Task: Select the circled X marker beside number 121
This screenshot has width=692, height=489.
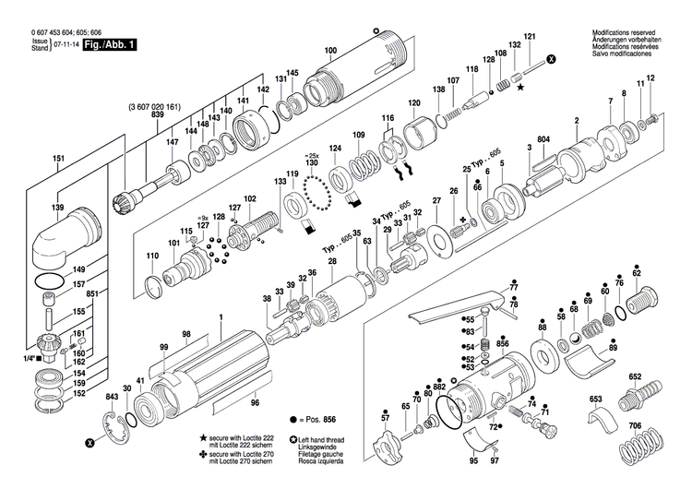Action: click(x=552, y=58)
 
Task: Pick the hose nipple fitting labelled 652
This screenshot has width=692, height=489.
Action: click(x=637, y=400)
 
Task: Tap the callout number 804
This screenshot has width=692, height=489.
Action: click(x=543, y=139)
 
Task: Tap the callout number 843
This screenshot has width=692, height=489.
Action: click(x=112, y=397)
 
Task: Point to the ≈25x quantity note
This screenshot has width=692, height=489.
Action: click(x=312, y=156)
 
